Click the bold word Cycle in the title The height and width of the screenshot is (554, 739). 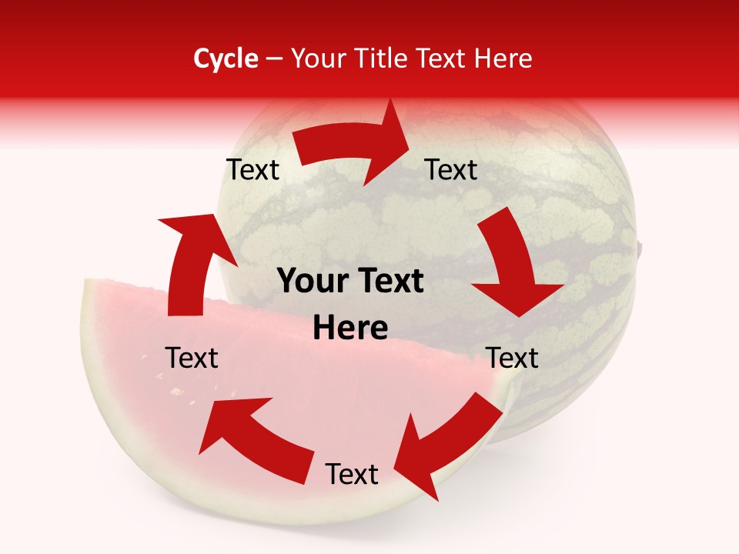point(226,58)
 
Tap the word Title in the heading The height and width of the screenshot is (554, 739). point(383,58)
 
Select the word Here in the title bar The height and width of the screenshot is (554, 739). point(503,58)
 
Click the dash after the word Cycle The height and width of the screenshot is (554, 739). point(275,59)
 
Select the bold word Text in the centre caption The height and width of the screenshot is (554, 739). point(390,282)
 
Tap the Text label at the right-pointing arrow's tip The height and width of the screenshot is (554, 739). point(451,169)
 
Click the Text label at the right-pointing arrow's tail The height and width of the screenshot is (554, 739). point(252,169)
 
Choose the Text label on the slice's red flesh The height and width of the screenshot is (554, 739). point(192,358)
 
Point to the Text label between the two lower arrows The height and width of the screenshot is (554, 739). point(352,474)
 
